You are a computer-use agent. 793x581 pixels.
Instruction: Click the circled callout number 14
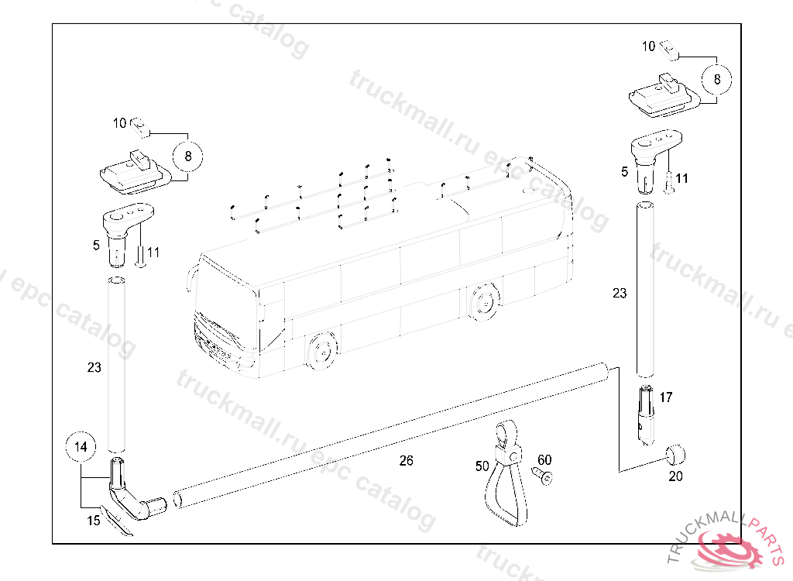click(81, 447)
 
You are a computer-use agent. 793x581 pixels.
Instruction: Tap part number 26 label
click(406, 461)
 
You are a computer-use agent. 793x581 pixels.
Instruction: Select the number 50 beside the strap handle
click(482, 466)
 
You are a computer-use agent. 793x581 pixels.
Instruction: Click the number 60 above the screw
click(544, 459)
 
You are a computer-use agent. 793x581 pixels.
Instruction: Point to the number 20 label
click(675, 476)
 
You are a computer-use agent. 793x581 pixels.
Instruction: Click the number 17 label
click(666, 397)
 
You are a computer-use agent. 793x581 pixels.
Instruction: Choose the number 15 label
click(94, 521)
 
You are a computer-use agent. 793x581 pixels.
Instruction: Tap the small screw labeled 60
click(543, 475)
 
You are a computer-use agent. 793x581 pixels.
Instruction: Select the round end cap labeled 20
click(675, 454)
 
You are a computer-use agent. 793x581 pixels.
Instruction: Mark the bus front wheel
click(321, 350)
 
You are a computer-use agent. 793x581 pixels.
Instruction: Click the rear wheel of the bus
click(483, 303)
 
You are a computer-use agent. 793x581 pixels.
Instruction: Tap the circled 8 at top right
click(716, 80)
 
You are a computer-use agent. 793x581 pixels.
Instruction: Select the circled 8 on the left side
click(187, 156)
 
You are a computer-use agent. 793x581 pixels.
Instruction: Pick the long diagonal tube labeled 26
click(390, 435)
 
